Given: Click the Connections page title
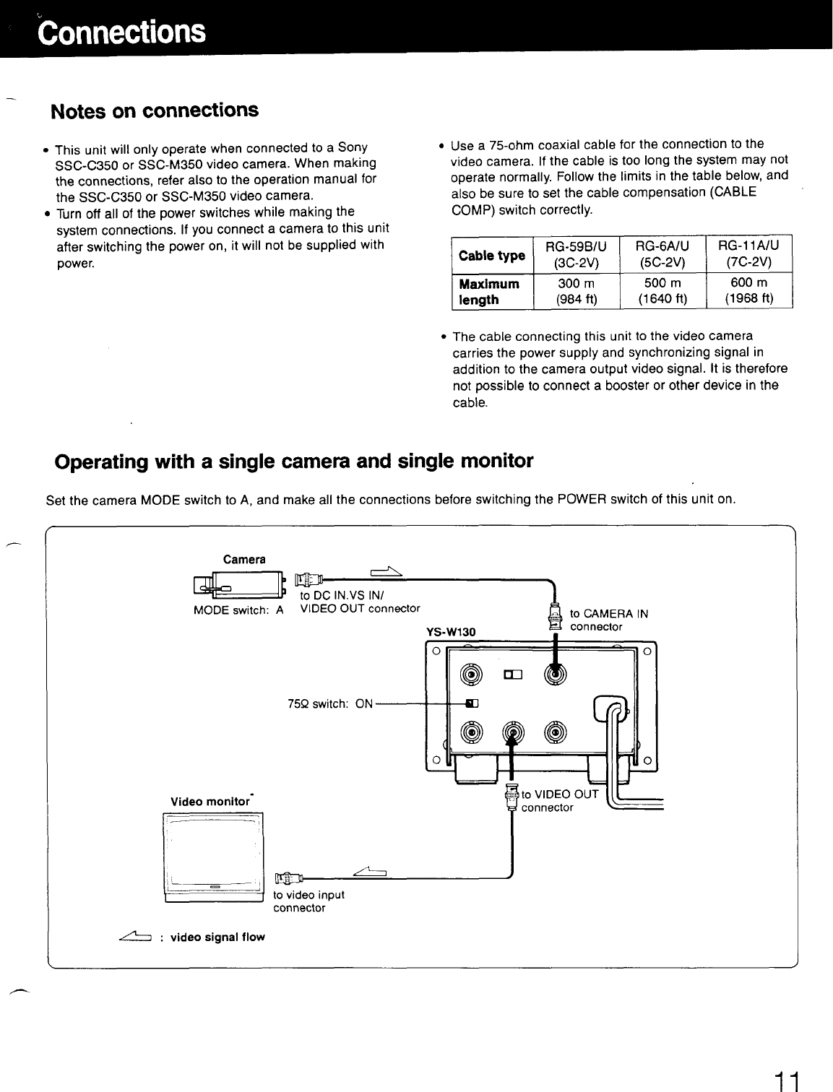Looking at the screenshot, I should [x=123, y=32].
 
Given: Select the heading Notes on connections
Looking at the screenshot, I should [x=154, y=110].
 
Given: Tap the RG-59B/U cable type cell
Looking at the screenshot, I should [x=576, y=254].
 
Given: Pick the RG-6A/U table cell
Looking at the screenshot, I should [x=664, y=254].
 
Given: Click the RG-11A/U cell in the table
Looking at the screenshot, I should [x=749, y=254].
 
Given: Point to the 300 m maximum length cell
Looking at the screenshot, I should [x=576, y=291].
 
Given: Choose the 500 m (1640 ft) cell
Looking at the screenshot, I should [x=664, y=291].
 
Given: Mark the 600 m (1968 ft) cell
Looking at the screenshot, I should [x=749, y=291].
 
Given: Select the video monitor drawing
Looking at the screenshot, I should [x=214, y=857].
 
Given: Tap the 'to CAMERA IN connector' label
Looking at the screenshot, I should [x=608, y=620].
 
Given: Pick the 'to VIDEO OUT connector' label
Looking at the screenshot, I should [x=559, y=801].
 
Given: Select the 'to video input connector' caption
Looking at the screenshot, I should [x=308, y=901].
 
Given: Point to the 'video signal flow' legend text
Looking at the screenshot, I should [x=217, y=937].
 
